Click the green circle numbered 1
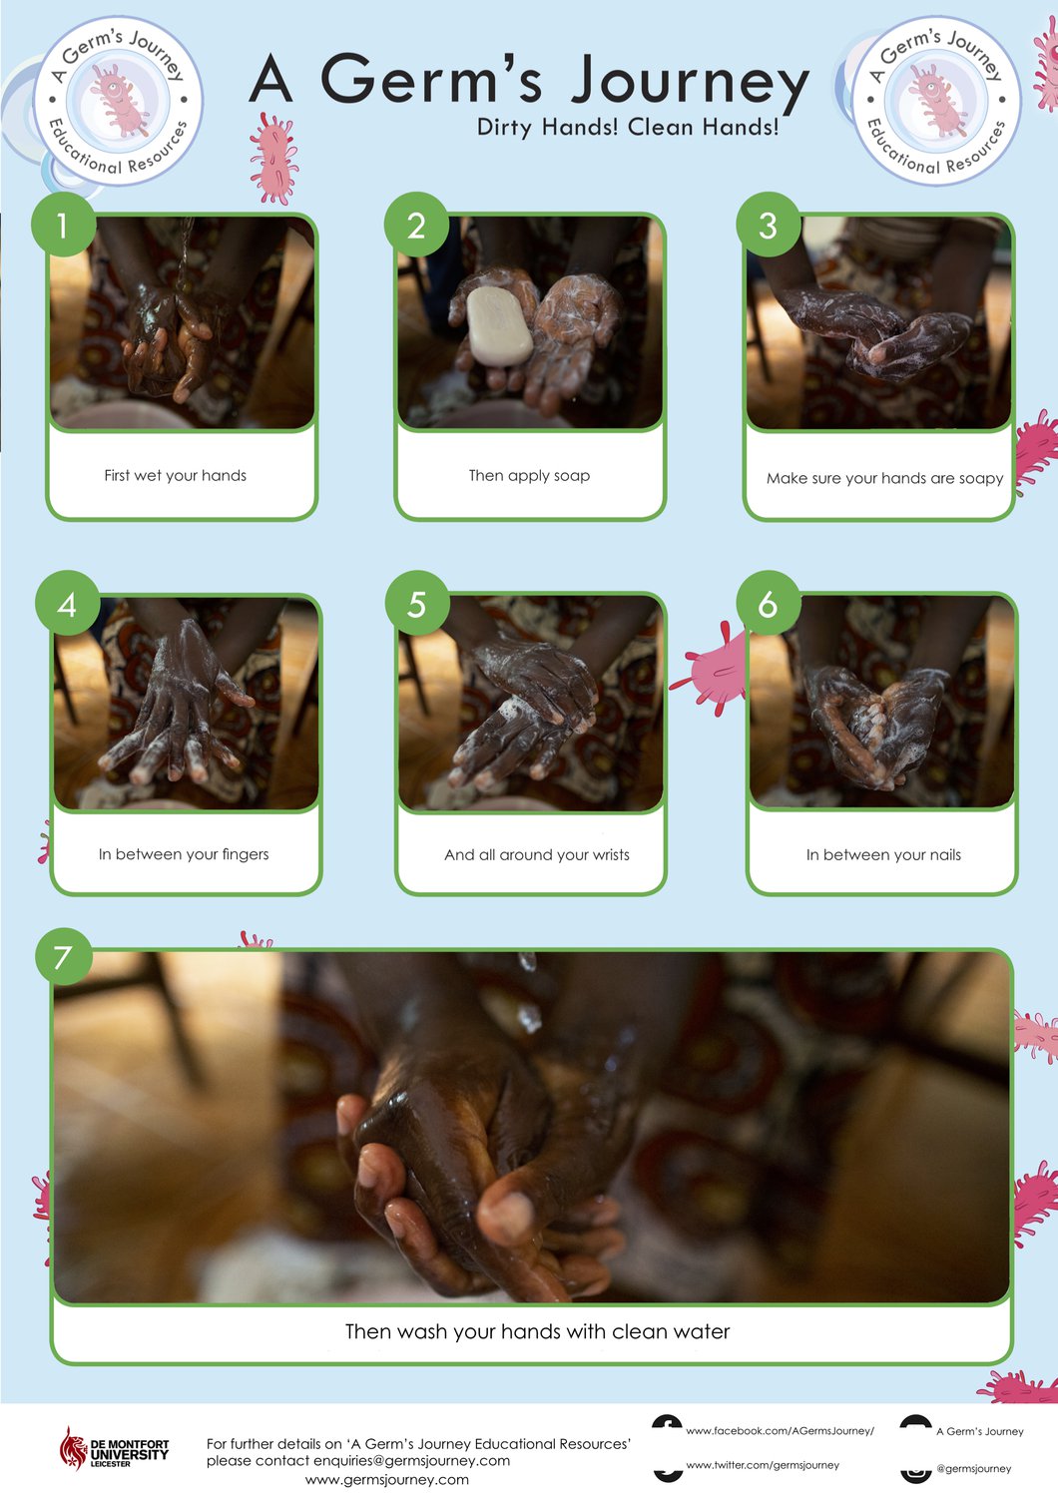(x=63, y=225)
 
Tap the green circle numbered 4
(x=67, y=604)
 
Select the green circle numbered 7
(x=64, y=956)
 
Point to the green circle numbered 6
(x=768, y=603)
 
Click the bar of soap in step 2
(x=499, y=326)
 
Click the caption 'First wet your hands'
(x=175, y=475)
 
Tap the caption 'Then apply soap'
(x=529, y=476)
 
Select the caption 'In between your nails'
(x=883, y=854)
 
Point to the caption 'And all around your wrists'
(x=537, y=854)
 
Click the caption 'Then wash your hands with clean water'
(x=537, y=1331)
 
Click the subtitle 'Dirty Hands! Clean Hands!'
(x=628, y=127)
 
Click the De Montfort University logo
(x=114, y=1448)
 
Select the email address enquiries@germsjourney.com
(x=411, y=1461)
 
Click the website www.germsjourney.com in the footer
(x=387, y=1480)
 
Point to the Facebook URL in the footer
(x=780, y=1431)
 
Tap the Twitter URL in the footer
(x=763, y=1465)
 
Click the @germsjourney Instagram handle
(x=974, y=1468)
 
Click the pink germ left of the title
(x=273, y=159)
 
